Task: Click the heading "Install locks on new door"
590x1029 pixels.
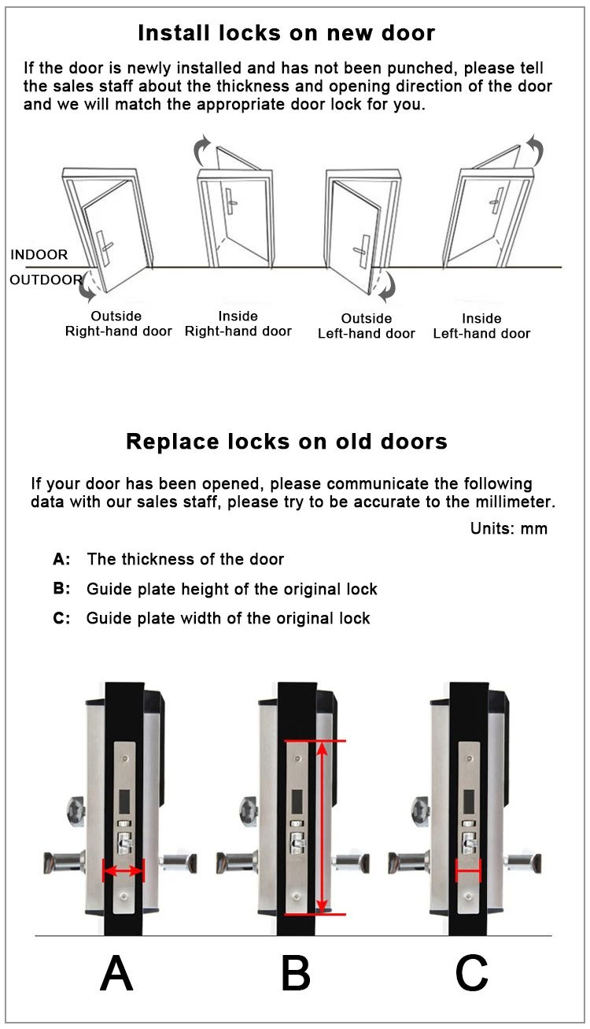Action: pos(286,33)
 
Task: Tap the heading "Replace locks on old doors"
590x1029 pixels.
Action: pos(286,441)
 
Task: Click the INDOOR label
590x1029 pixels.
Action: pos(39,255)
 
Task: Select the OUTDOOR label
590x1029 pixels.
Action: pos(46,279)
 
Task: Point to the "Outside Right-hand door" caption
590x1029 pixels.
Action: pos(118,324)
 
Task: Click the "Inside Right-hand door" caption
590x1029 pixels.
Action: pos(238,324)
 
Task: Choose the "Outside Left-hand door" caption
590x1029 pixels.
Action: pos(366,326)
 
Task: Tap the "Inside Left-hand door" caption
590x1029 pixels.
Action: pos(481,326)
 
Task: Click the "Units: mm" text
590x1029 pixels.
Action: pos(508,528)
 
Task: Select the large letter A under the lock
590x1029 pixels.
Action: pos(116,975)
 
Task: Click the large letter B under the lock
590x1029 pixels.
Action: pos(296,975)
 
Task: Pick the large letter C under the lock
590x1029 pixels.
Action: pos(472,975)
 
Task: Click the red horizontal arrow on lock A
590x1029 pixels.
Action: pos(124,871)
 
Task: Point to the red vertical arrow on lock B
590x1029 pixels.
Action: pos(321,827)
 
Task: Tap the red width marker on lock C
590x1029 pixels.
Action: pos(468,871)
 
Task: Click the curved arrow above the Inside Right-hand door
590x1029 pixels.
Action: pos(203,146)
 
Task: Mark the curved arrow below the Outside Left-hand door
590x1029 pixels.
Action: pos(385,289)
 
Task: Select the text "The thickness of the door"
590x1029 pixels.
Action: pos(186,559)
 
